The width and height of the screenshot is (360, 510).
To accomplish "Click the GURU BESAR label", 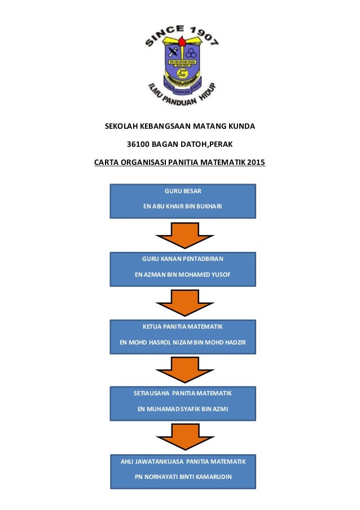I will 182,191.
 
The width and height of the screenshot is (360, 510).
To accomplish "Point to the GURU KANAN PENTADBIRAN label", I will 182,259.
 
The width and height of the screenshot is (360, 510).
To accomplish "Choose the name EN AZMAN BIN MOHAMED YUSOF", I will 182,274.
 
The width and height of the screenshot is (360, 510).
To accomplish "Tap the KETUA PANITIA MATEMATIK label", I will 182,327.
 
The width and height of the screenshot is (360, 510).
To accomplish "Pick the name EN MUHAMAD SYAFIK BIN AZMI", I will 182,409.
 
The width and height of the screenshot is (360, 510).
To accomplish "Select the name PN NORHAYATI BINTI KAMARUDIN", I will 182,477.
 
